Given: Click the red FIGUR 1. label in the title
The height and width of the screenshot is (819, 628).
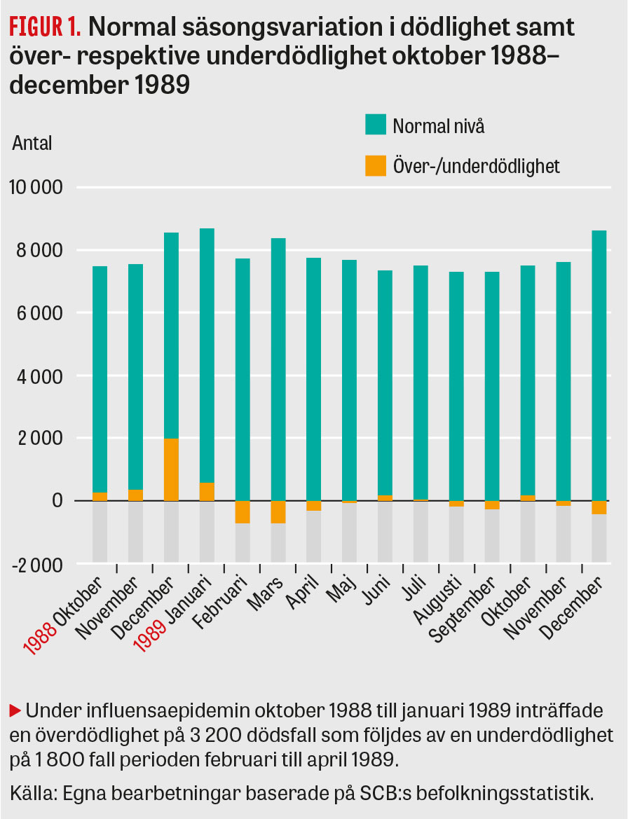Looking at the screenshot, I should (x=46, y=27).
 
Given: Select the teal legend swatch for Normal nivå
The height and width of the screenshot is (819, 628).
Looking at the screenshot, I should (x=376, y=126).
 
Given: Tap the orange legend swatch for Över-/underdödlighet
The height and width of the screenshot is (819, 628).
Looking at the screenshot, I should (x=376, y=166).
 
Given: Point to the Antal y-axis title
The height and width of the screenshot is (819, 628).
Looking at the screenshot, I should (x=32, y=143).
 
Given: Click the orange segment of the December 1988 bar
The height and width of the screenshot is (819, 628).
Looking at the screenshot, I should (x=171, y=469).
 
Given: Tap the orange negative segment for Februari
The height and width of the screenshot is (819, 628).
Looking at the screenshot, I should (x=243, y=512).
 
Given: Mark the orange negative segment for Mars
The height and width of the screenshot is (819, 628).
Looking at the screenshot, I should (x=278, y=512).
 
